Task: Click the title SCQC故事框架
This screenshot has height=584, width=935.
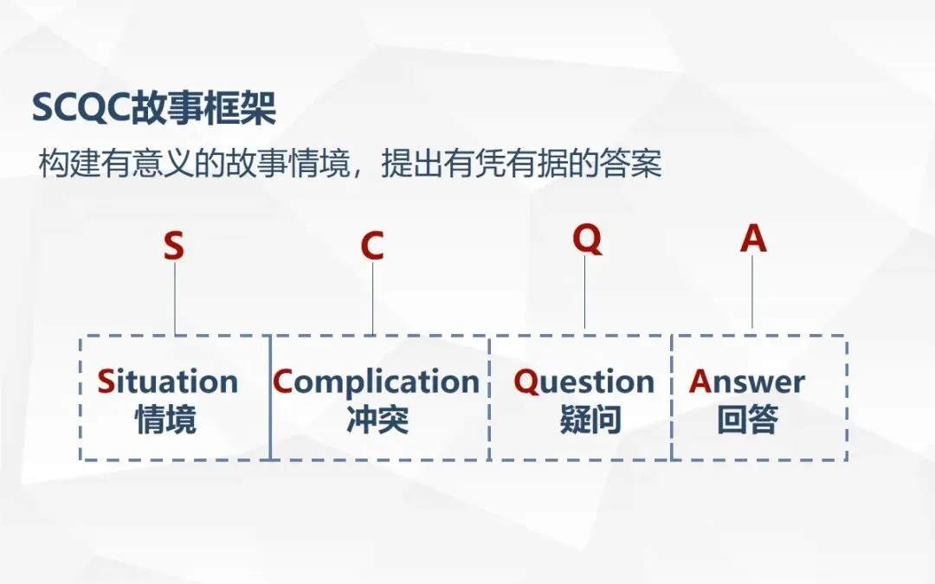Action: pyautogui.click(x=153, y=108)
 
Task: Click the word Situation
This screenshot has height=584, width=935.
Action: pyautogui.click(x=167, y=382)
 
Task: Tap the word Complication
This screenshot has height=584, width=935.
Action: pyautogui.click(x=377, y=382)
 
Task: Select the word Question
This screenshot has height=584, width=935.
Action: pyautogui.click(x=584, y=382)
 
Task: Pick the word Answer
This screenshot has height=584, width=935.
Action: pyautogui.click(x=747, y=382)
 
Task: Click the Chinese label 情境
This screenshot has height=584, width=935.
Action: pyautogui.click(x=165, y=420)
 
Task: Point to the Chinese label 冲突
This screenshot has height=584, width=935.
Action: pyautogui.click(x=377, y=420)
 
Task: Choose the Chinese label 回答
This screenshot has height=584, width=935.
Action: pyautogui.click(x=748, y=420)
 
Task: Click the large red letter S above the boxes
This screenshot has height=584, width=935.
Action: pyautogui.click(x=174, y=247)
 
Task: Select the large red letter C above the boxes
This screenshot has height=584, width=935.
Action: pyautogui.click(x=372, y=247)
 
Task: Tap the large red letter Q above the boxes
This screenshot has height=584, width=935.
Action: pyautogui.click(x=587, y=239)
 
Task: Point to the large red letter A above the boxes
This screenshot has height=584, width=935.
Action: pyautogui.click(x=753, y=239)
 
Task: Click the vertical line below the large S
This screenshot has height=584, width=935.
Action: pyautogui.click(x=175, y=298)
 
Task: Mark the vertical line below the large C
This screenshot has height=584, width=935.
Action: pyautogui.click(x=373, y=298)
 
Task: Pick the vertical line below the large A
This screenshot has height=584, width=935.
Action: pyautogui.click(x=752, y=292)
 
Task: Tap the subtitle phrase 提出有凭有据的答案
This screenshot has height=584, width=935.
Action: pyautogui.click(x=521, y=164)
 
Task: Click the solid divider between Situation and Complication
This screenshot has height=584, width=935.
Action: pyautogui.click(x=270, y=398)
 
